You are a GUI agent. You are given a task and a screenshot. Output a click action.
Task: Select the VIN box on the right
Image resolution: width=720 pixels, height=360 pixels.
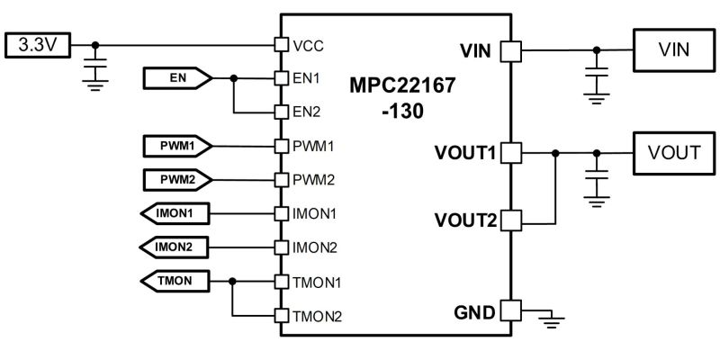point(673,49)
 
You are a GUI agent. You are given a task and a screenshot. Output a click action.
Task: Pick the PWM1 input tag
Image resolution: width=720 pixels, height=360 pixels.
point(176,145)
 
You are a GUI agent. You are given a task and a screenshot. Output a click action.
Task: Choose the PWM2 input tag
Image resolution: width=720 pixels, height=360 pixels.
point(176,179)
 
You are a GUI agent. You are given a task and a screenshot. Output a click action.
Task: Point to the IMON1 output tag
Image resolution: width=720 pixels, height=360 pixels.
point(176,213)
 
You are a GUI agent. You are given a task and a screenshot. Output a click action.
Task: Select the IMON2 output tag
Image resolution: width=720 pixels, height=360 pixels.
point(176,247)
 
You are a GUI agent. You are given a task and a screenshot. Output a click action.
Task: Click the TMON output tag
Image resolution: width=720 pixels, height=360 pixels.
point(176,281)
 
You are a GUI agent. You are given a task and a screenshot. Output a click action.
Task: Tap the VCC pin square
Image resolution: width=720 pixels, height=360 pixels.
point(281,44)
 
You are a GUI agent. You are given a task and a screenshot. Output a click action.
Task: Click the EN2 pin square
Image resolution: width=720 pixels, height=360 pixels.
point(281,112)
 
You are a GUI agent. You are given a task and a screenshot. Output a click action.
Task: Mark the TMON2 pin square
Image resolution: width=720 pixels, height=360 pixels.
point(281,316)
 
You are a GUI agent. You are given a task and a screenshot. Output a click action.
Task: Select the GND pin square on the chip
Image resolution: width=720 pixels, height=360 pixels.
point(510,311)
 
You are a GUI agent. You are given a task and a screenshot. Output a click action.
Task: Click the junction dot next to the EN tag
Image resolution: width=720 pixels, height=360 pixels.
point(234,79)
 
